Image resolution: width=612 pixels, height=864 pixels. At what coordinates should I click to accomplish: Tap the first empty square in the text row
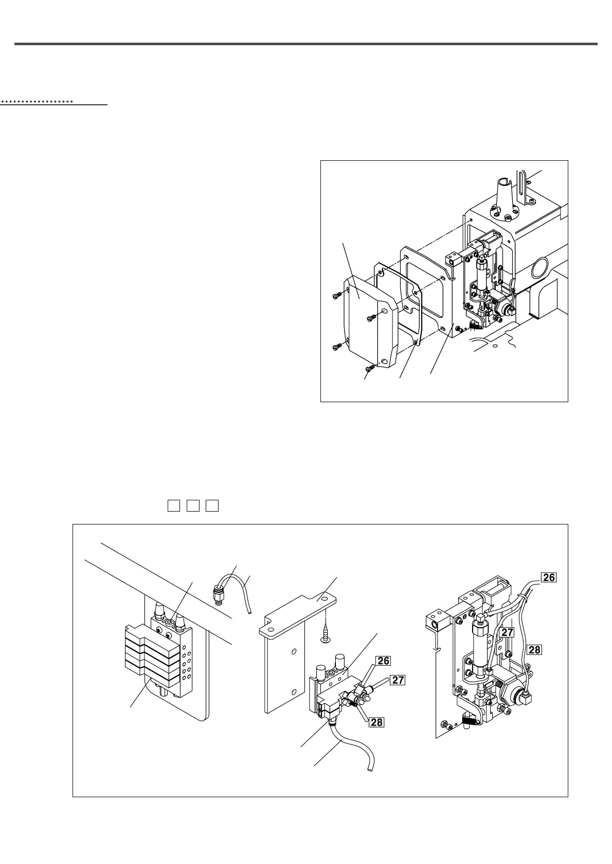tap(173, 505)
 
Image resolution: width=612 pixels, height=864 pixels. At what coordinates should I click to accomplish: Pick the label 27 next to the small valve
tap(398, 681)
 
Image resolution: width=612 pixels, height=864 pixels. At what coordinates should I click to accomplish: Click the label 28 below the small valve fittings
tap(376, 722)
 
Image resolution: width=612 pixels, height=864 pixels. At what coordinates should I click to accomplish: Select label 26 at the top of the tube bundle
tap(549, 577)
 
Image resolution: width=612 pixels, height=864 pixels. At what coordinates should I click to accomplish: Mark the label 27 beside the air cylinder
tap(507, 632)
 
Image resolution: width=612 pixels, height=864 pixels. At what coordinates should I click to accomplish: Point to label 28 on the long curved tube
tap(534, 649)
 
